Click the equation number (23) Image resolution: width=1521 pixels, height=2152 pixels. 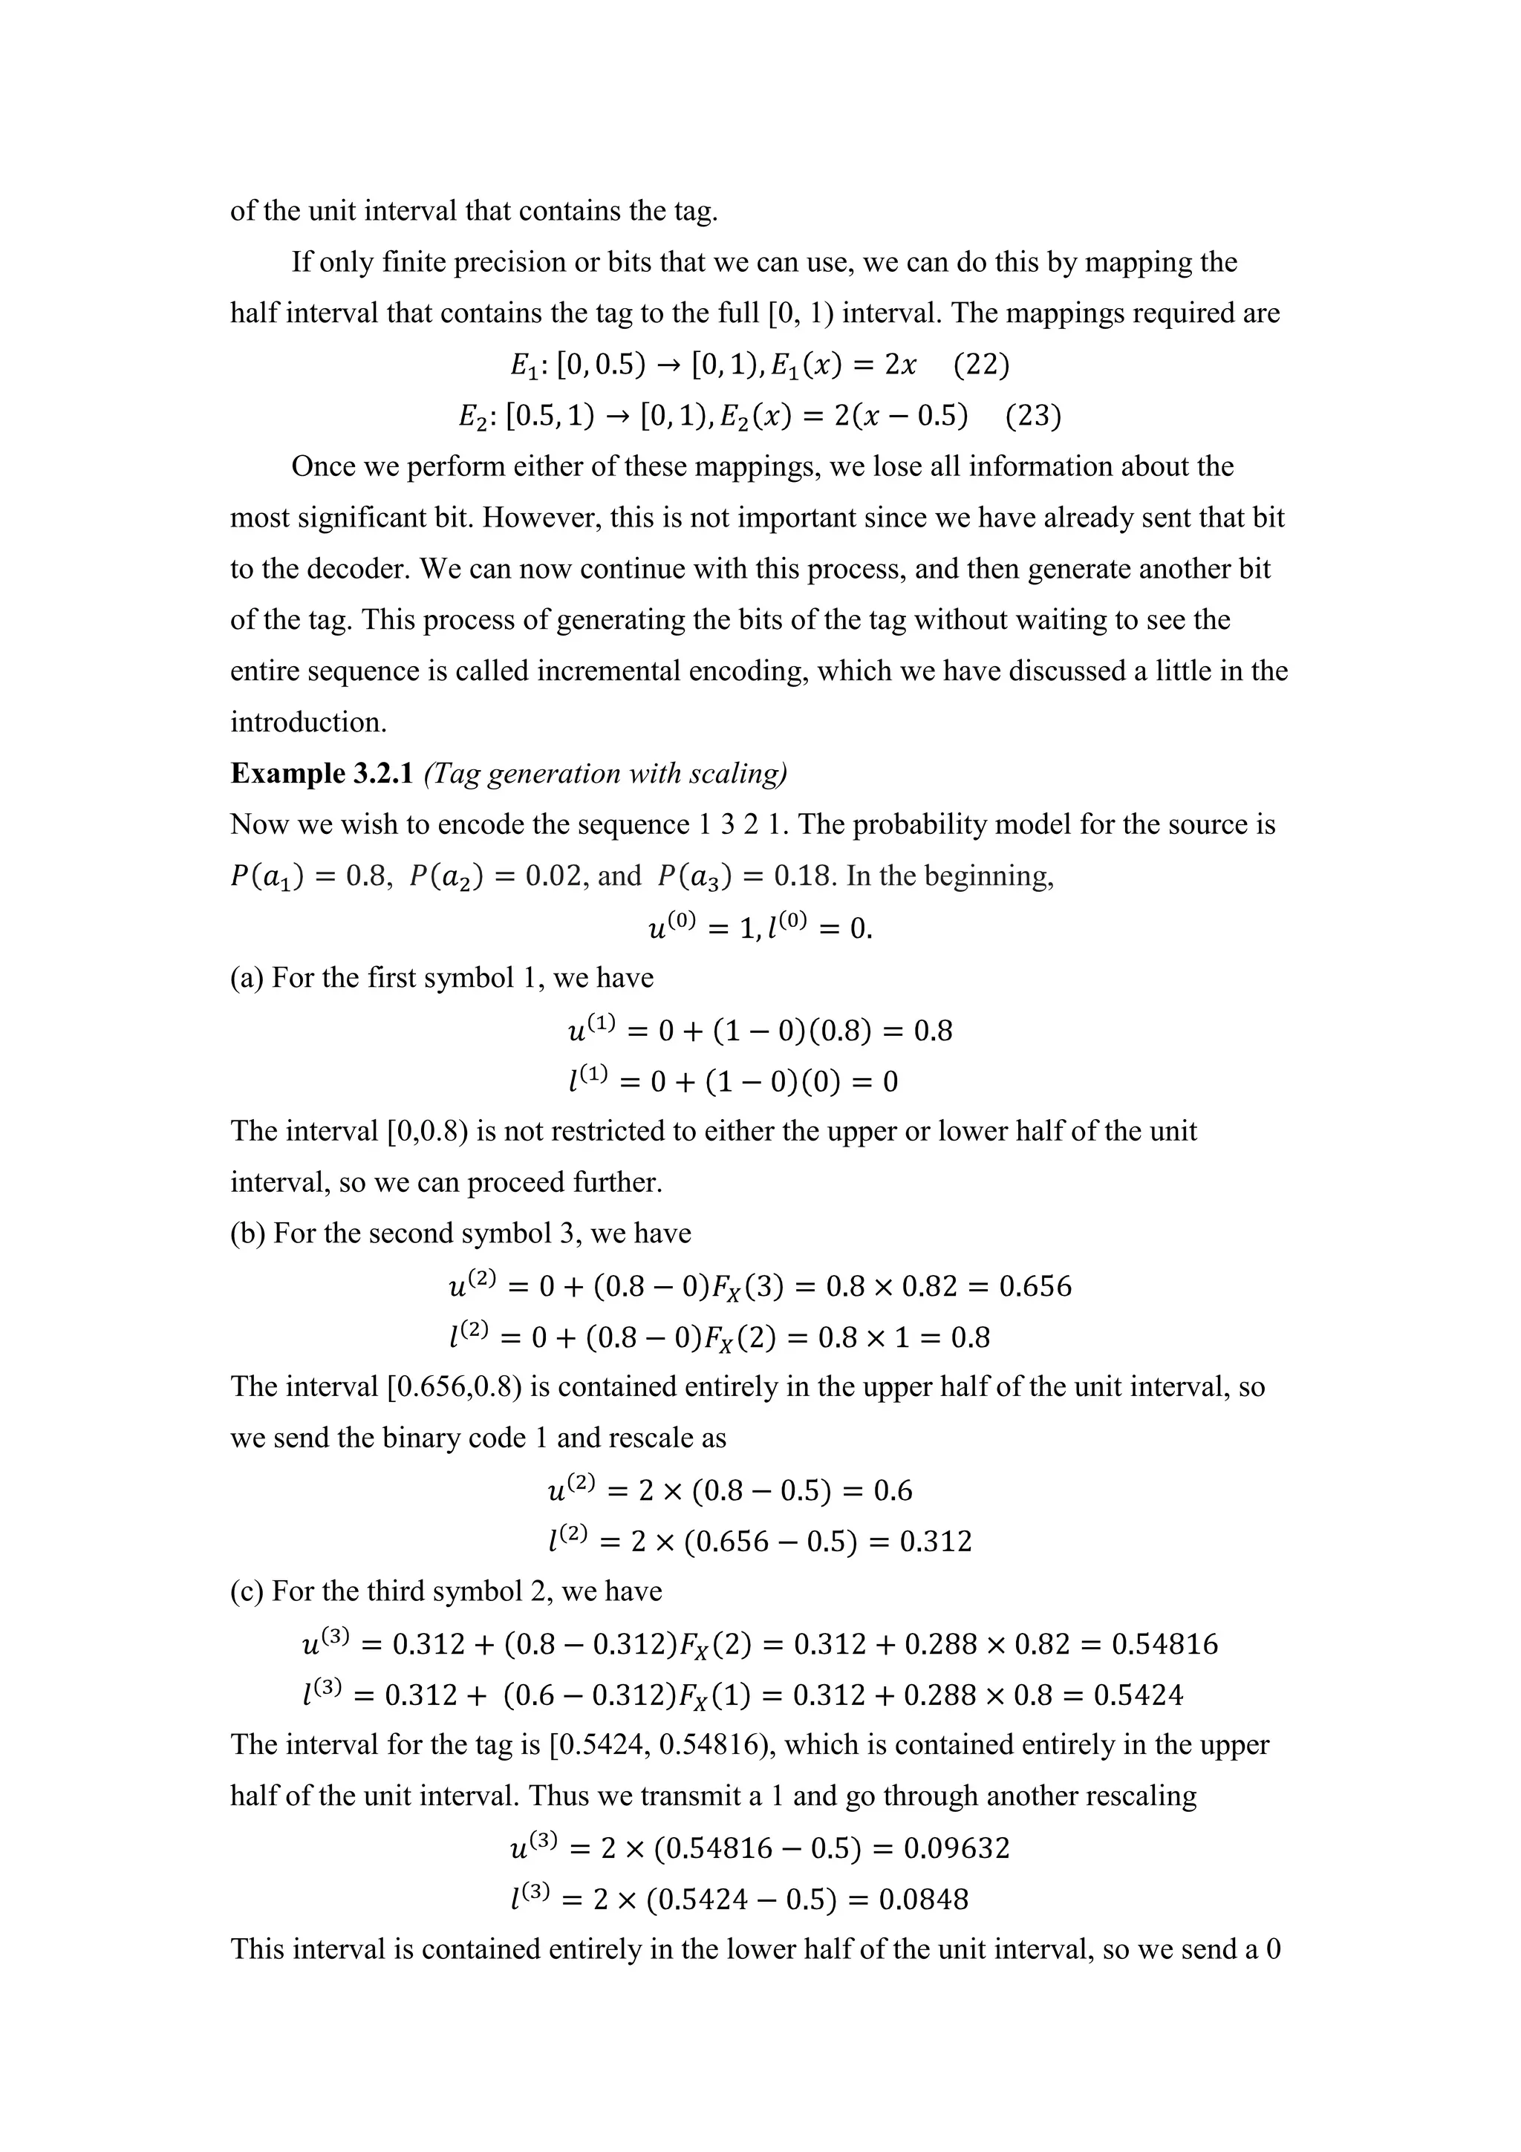[x=1033, y=415]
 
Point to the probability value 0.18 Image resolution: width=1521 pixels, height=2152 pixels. [x=804, y=876]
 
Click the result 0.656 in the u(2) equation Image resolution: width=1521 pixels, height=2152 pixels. [x=1035, y=1286]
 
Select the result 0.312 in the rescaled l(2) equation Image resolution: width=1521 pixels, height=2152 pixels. [x=935, y=1542]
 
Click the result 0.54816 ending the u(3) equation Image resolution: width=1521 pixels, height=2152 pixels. [x=1164, y=1644]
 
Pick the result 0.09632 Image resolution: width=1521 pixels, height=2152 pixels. [x=956, y=1848]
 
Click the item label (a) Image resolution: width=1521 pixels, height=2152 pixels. [x=247, y=979]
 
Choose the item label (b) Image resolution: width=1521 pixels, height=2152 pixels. [x=247, y=1233]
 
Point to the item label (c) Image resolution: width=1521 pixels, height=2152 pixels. [x=247, y=1591]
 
